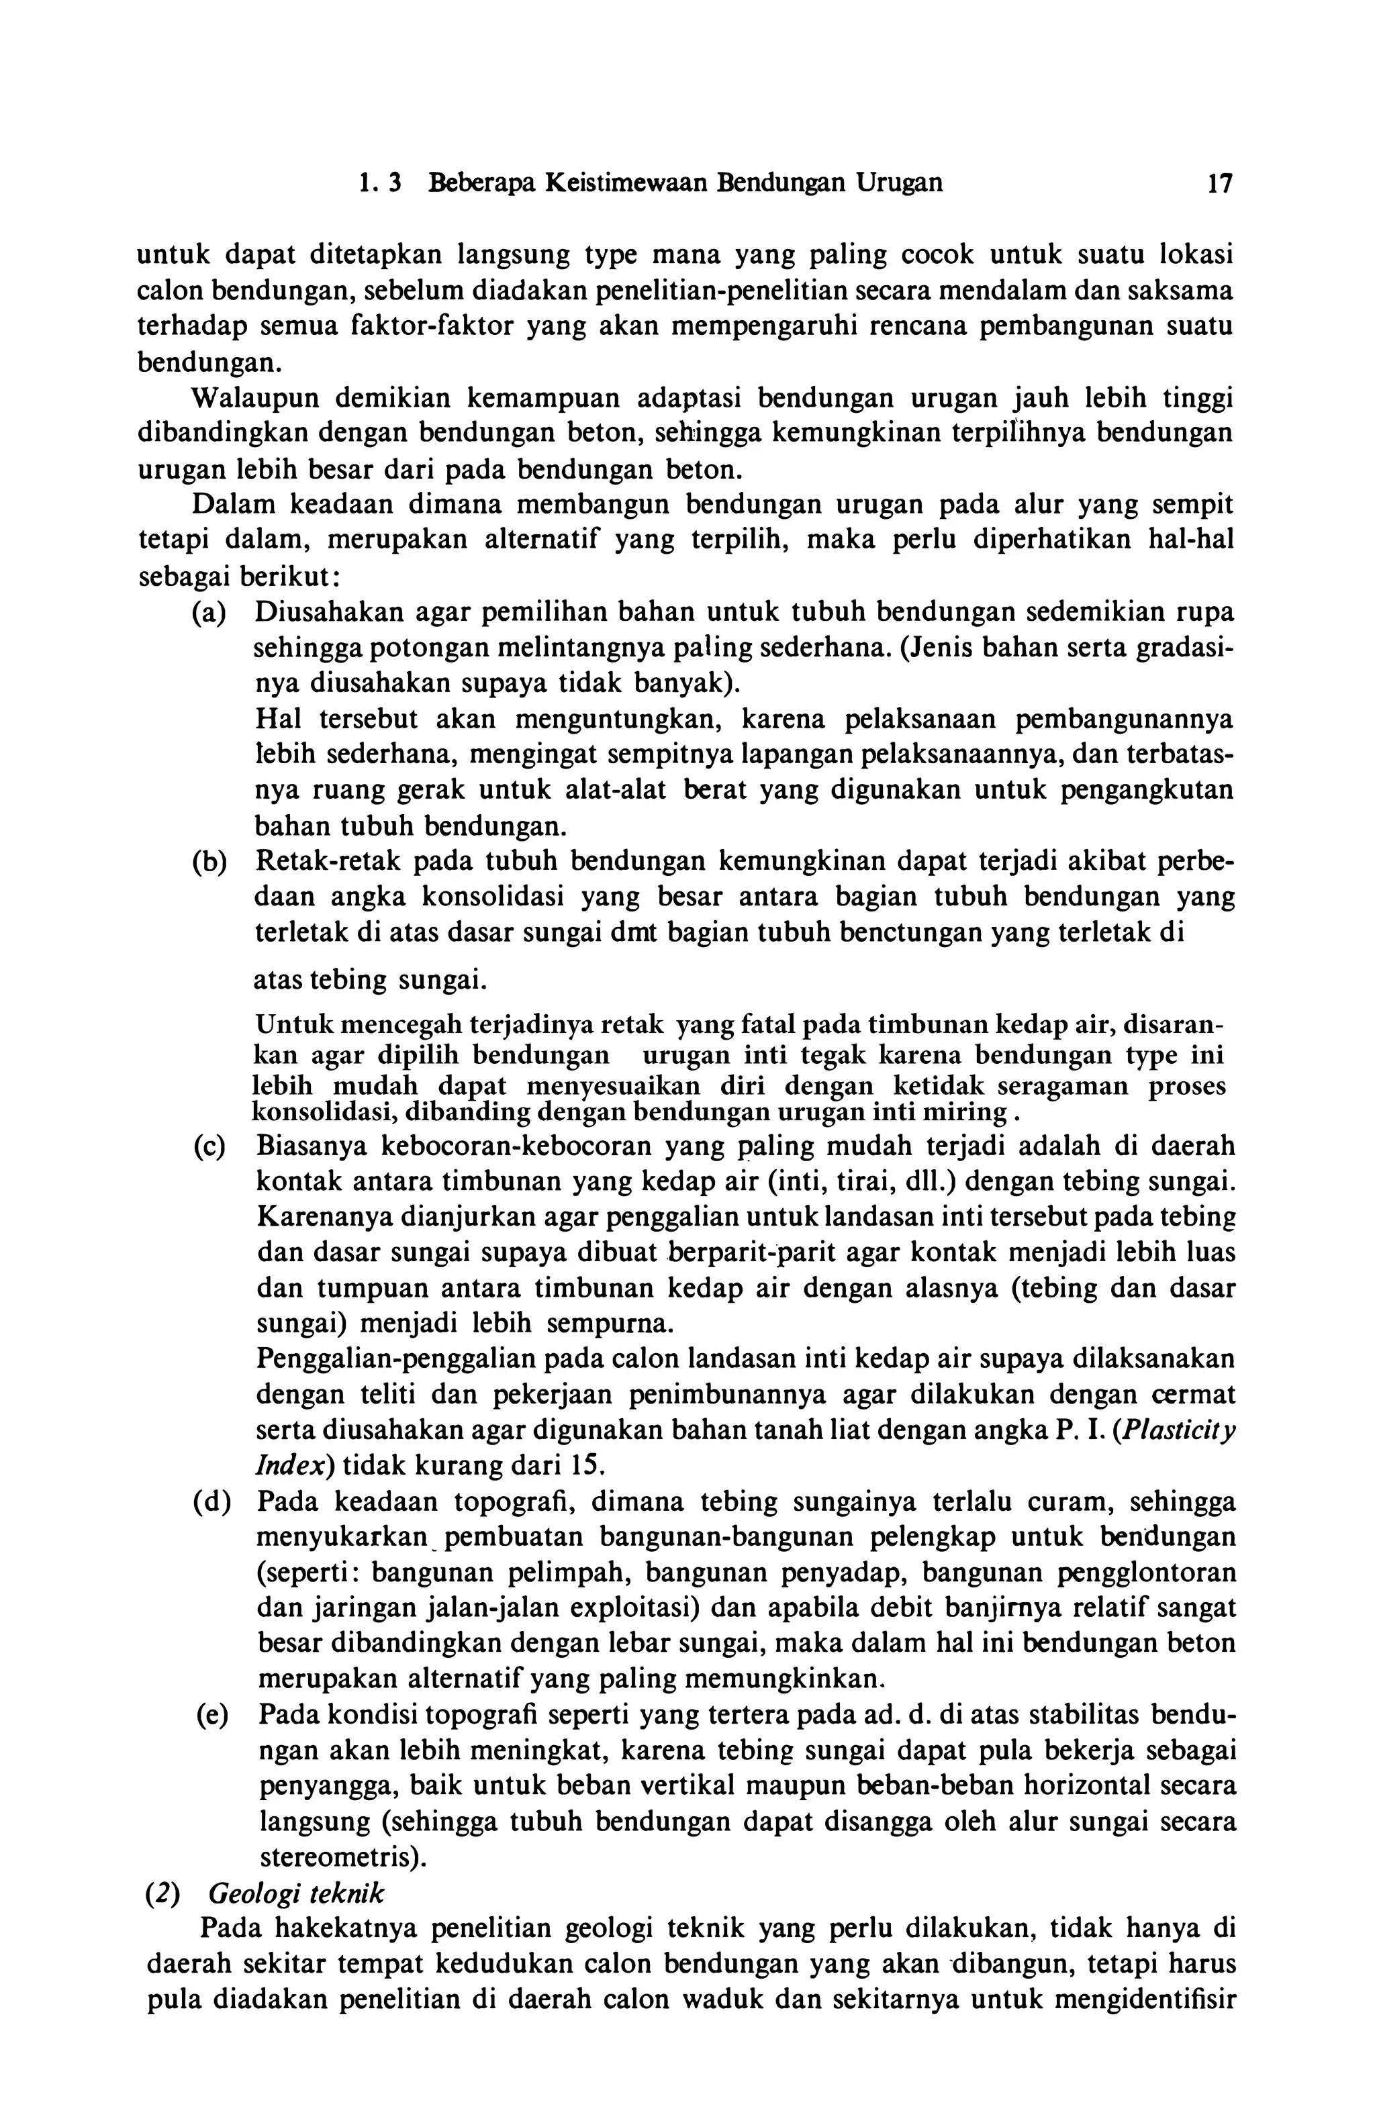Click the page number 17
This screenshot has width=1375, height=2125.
pos(1219,184)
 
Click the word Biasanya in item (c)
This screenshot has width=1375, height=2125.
pos(311,1146)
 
